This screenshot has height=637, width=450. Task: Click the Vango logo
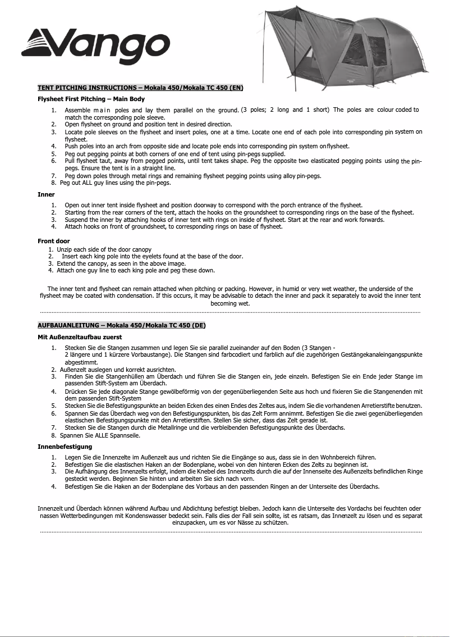coord(95,43)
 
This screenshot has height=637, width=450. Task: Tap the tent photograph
coord(359,51)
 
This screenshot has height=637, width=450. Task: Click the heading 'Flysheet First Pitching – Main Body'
coord(91,99)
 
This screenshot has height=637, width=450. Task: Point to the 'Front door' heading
coord(53,241)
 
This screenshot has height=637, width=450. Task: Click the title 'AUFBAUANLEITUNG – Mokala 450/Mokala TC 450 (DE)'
coord(121,325)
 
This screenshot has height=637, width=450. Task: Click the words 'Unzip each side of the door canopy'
coord(104,249)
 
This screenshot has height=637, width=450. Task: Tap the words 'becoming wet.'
coord(230,303)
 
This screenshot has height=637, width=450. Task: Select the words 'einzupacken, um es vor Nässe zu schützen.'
coord(230,522)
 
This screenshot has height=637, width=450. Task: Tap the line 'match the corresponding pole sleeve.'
coord(114,117)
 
